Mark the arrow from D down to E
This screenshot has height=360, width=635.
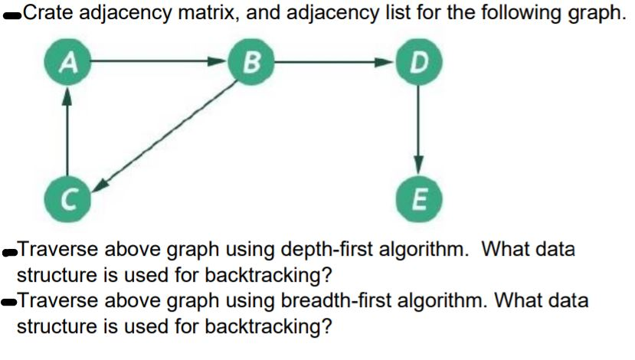[x=418, y=130]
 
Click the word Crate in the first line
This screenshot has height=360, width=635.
[x=48, y=12]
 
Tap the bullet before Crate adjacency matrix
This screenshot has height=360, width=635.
[x=11, y=15]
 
